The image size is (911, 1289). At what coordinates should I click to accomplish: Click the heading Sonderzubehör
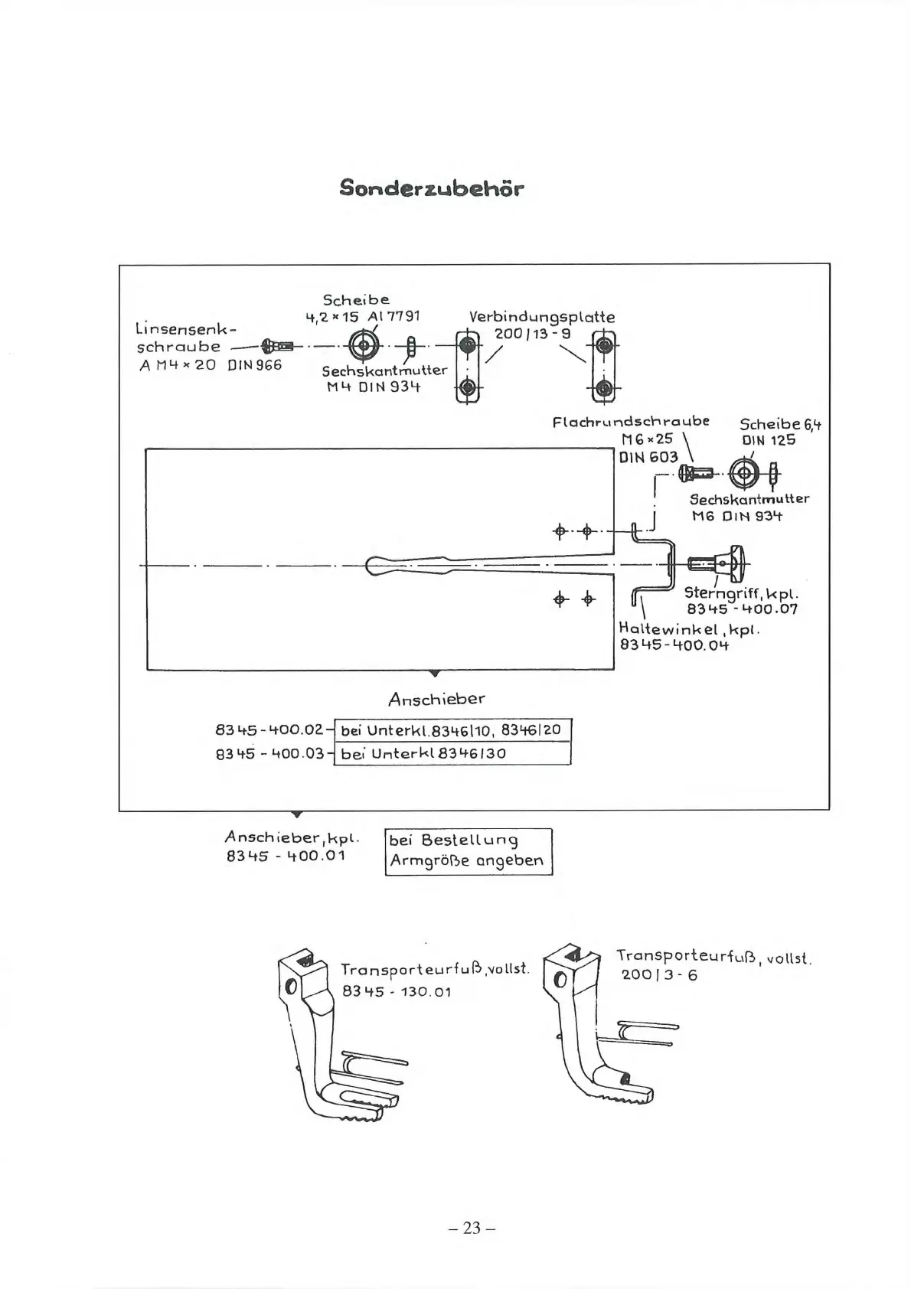[432, 188]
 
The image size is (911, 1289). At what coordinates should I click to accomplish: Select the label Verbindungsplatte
[541, 317]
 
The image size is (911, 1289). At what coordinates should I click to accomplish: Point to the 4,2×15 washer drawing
[364, 346]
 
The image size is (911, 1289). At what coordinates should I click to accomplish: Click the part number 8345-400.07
[742, 609]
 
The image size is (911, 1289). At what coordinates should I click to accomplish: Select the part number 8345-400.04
[674, 644]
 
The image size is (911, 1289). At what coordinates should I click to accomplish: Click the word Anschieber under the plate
[436, 699]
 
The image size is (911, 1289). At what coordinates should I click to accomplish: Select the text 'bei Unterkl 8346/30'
[423, 753]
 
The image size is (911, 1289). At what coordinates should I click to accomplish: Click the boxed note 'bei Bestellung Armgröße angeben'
[468, 851]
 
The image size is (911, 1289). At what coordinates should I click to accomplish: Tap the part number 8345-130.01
[397, 991]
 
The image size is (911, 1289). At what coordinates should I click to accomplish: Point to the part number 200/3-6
[659, 975]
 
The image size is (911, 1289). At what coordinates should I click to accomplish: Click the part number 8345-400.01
[286, 855]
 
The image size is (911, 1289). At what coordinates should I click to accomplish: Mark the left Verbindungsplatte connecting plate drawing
[466, 367]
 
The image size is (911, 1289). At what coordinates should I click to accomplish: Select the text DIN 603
[648, 457]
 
